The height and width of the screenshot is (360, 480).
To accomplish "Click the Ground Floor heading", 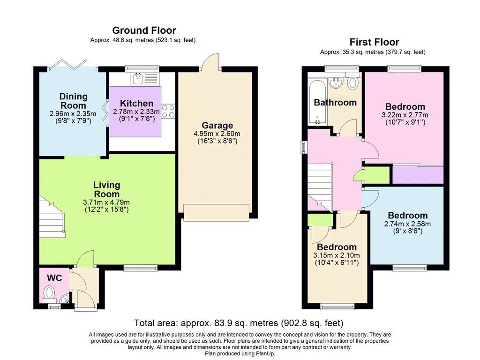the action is (x=144, y=30).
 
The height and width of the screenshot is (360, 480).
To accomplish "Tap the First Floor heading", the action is (x=374, y=42).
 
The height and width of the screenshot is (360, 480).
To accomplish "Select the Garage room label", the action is (x=217, y=125).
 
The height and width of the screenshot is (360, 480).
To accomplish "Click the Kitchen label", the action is (x=136, y=103).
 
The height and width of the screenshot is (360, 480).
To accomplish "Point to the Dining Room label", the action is (x=73, y=101).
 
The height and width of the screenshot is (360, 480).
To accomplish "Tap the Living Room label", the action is (x=106, y=189).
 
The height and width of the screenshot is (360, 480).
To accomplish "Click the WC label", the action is (x=54, y=277).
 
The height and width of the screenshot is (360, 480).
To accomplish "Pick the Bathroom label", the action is (x=335, y=102).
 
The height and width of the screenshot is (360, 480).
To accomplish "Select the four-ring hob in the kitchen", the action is (x=168, y=111).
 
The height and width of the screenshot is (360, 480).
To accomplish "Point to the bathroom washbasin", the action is (x=336, y=82).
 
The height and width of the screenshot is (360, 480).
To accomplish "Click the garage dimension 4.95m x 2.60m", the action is (x=217, y=134).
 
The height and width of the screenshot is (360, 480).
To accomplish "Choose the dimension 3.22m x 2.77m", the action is (x=405, y=115).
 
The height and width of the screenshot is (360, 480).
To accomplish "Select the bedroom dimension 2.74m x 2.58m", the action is (x=407, y=224).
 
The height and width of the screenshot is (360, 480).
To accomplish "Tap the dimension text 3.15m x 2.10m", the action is (x=337, y=255).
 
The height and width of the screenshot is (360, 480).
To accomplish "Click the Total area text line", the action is (x=239, y=323).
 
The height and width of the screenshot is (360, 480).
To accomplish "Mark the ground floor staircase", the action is (x=52, y=217).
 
